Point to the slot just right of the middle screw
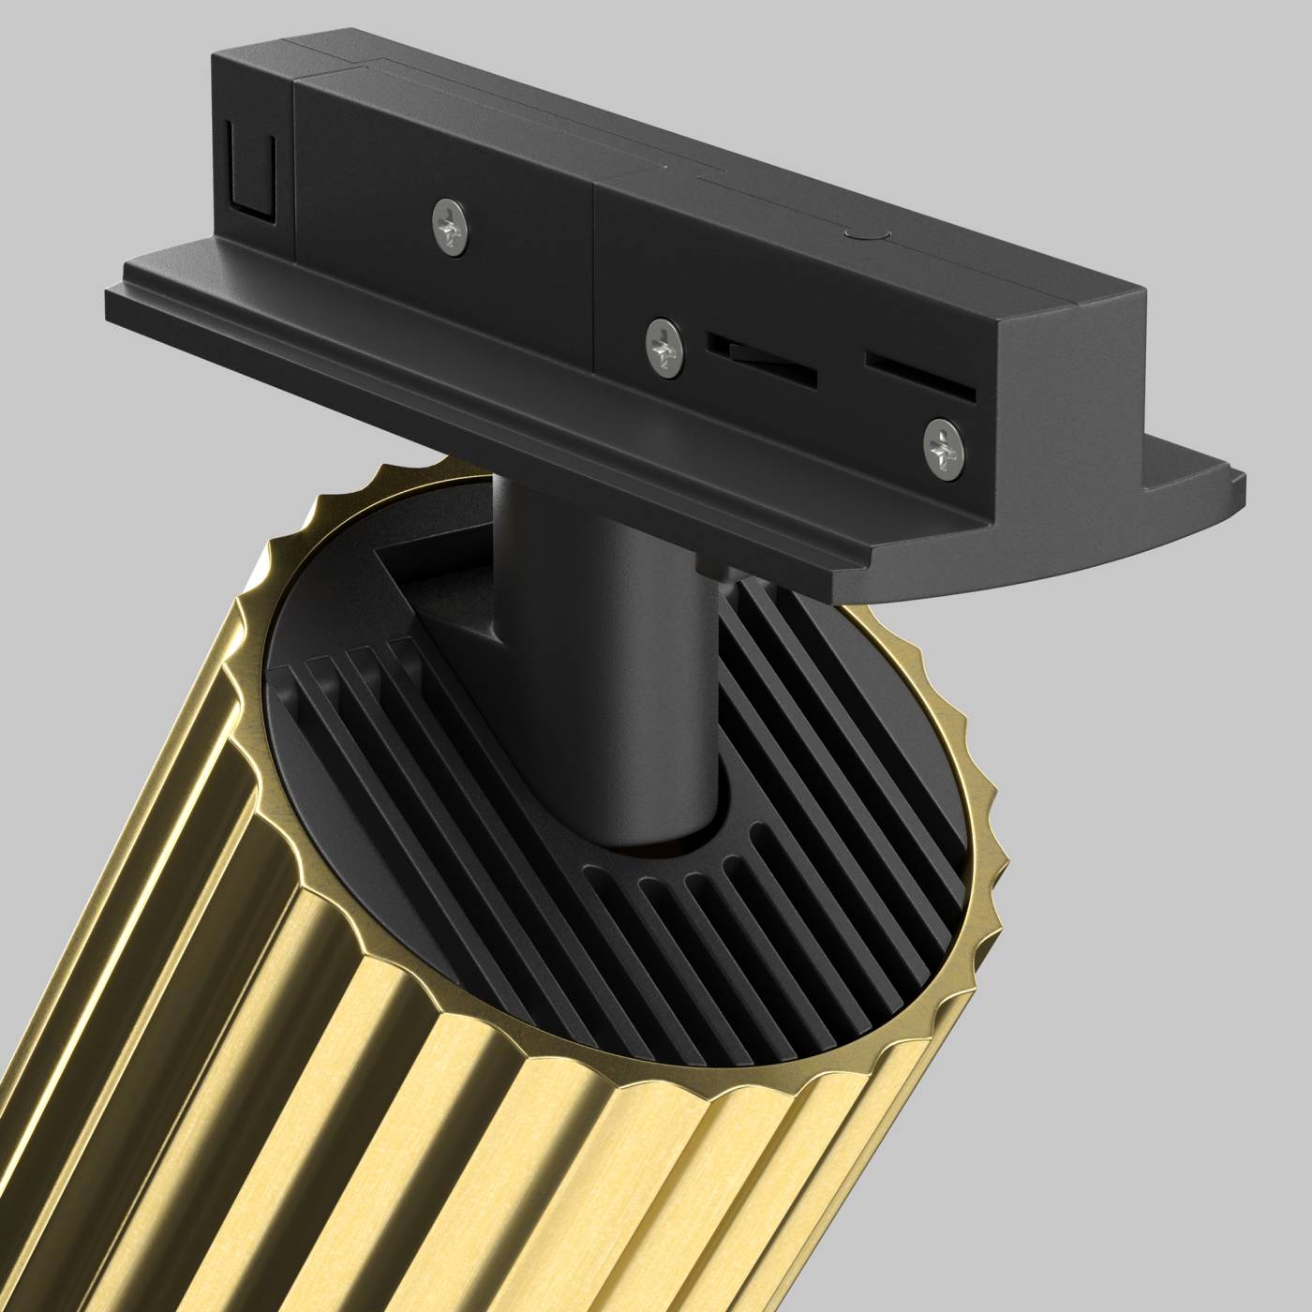pyautogui.click(x=761, y=360)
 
